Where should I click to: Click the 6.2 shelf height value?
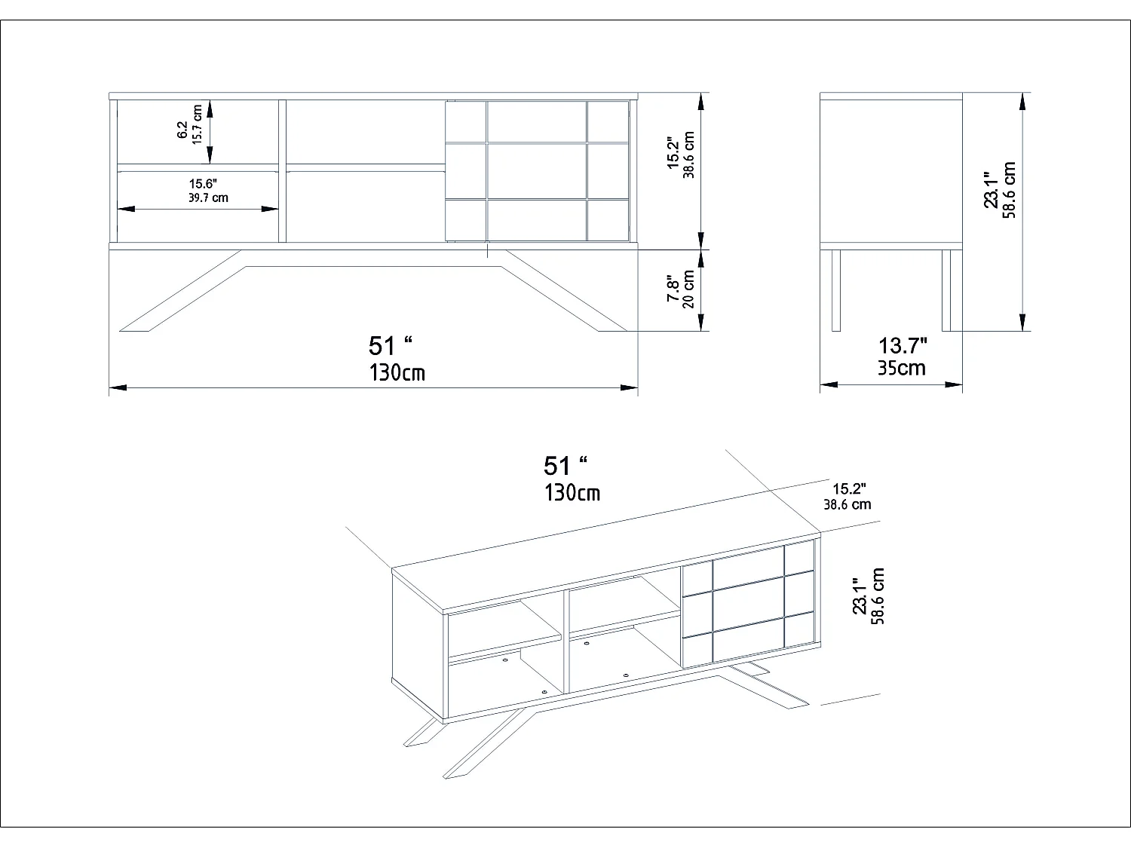point(182,130)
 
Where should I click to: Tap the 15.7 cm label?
point(198,125)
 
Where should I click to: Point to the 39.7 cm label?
point(208,198)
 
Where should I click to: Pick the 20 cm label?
point(688,289)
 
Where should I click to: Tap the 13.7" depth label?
point(903,346)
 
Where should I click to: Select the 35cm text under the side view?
point(902,368)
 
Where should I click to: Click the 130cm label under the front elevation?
point(397,372)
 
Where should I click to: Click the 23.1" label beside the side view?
point(992,190)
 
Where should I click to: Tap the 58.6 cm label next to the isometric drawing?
point(878,596)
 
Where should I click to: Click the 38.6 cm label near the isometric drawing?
point(847,504)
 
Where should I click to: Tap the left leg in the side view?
point(835,290)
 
